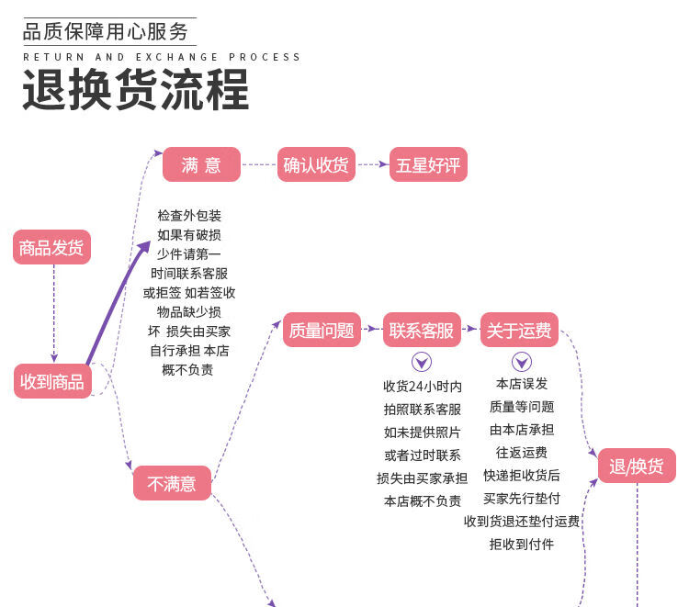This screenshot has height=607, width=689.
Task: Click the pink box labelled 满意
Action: [x=201, y=165]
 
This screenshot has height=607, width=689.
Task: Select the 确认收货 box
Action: [x=316, y=165]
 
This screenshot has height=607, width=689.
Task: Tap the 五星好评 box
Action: [x=428, y=165]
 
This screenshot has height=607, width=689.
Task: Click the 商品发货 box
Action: [x=51, y=247]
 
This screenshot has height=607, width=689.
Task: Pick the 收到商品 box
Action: [x=51, y=381]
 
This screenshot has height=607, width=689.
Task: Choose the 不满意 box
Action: [x=172, y=483]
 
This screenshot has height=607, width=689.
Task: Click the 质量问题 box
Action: [x=322, y=331]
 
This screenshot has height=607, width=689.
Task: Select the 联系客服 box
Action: [x=422, y=331]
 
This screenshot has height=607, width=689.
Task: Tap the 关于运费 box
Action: [x=519, y=331]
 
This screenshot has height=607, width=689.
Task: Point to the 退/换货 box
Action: [x=637, y=466]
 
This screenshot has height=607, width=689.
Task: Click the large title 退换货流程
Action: [x=136, y=92]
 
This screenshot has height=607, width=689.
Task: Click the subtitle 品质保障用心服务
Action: [x=106, y=32]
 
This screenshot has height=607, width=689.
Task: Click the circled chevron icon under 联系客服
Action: [x=422, y=362]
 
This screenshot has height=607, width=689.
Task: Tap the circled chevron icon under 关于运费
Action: [x=521, y=362]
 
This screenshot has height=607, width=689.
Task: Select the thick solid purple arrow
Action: [x=118, y=303]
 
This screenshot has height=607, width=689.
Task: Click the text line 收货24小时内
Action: [x=422, y=387]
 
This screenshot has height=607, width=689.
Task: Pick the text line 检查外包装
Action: [x=189, y=216]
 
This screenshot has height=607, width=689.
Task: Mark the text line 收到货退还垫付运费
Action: [x=522, y=522]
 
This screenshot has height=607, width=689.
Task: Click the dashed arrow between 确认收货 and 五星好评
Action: [x=372, y=165]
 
